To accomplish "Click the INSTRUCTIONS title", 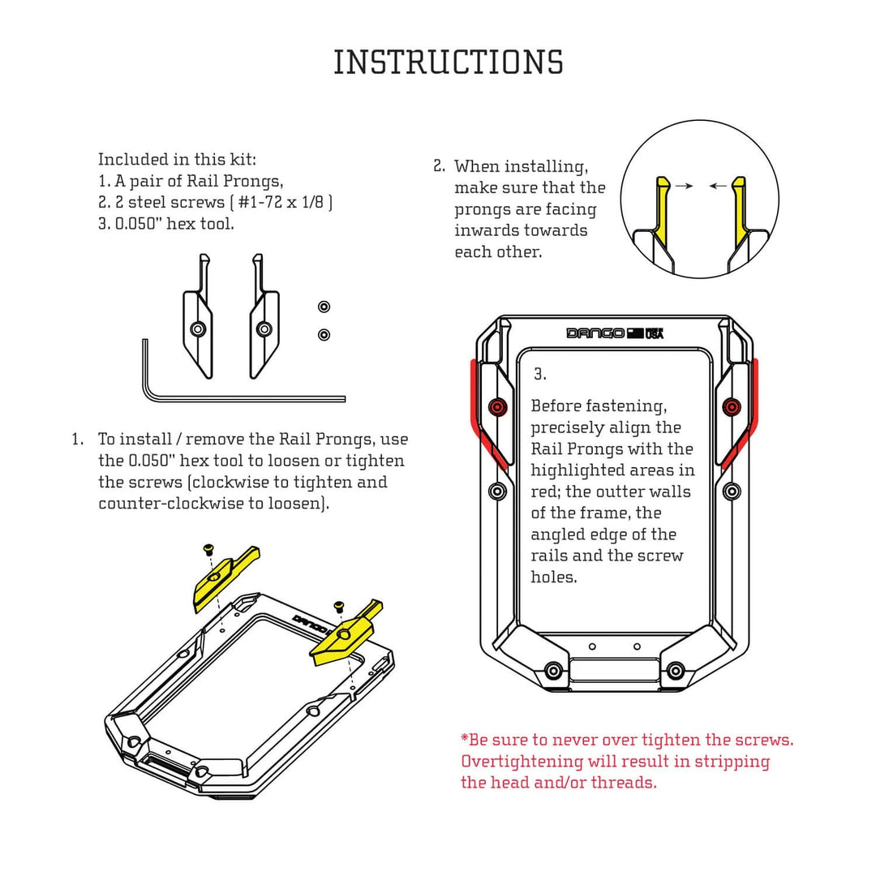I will tap(448, 62).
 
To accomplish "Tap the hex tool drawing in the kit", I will tap(243, 397).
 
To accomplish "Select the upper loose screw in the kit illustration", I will tap(324, 306).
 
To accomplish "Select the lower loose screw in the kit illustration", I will tap(324, 334).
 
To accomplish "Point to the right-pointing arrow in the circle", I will tap(685, 186).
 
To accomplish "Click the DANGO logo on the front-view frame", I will tap(595, 333).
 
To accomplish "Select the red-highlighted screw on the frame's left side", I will tap(497, 406).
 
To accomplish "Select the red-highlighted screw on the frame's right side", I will tap(731, 406).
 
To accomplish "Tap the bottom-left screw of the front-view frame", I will tap(554, 670).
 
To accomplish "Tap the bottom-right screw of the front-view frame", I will tap(675, 670).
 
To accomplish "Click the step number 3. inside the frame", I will tap(540, 375).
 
